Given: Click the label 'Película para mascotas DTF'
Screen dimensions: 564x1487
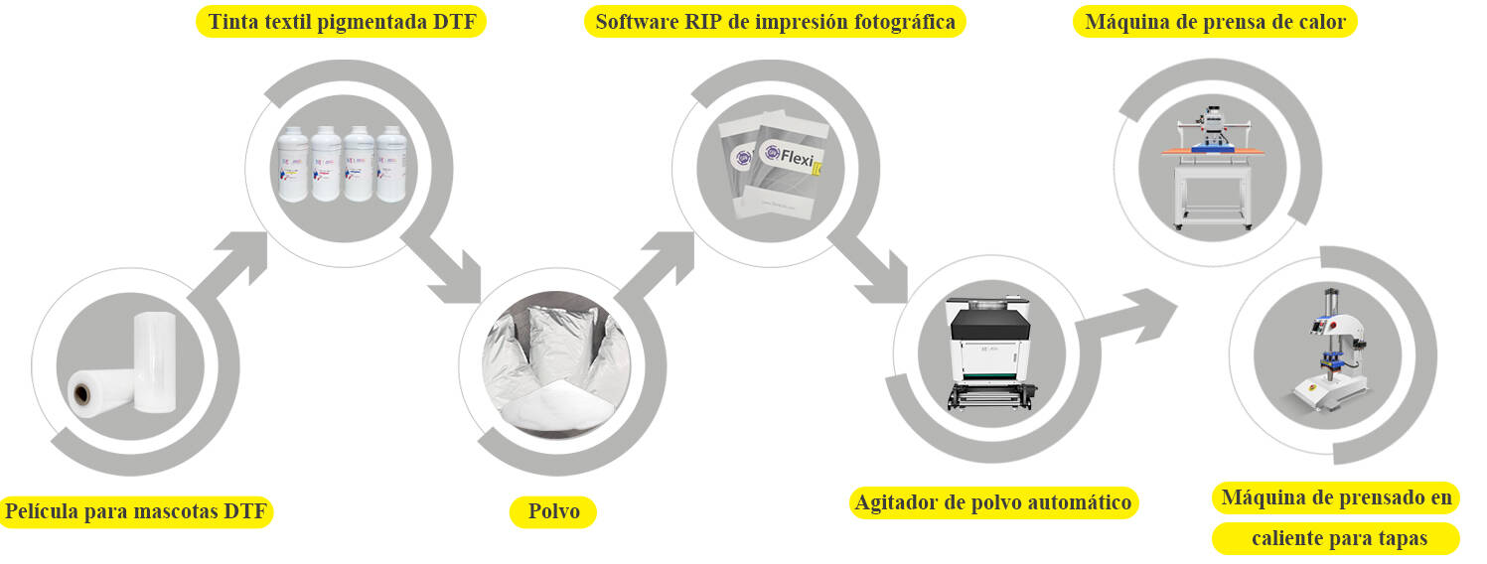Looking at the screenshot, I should pos(137,512).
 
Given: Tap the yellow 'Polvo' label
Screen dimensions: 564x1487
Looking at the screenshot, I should pos(553,512).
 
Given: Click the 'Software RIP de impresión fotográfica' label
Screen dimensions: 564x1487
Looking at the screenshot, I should pos(775,22).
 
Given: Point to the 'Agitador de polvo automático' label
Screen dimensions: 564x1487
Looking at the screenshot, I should pos(993,502).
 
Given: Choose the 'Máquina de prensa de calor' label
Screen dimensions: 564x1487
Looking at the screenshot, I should pos(1215,22).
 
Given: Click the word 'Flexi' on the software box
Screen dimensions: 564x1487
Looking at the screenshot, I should pos(790,157).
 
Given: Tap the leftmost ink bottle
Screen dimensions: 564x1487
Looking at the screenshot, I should pos(294,164).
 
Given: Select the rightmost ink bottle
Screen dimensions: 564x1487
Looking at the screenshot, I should pos(391,164).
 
